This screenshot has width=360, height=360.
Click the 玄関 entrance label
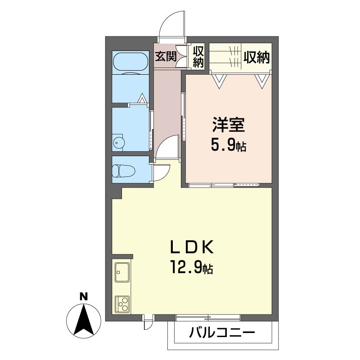coord(166,56)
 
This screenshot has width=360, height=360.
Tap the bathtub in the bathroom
coord(130,62)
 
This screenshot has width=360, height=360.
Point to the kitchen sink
coord(122,272)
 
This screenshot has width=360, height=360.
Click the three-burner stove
coord(122,304)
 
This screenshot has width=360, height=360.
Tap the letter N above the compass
coord(84,297)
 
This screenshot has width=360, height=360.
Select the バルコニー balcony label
coord(222,333)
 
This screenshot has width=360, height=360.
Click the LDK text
coord(192,247)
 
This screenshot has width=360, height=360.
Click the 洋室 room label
coord(229,125)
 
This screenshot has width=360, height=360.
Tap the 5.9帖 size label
coord(229,145)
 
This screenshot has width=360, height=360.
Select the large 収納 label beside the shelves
coord(256,57)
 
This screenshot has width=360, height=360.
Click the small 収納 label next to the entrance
coord(198,57)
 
